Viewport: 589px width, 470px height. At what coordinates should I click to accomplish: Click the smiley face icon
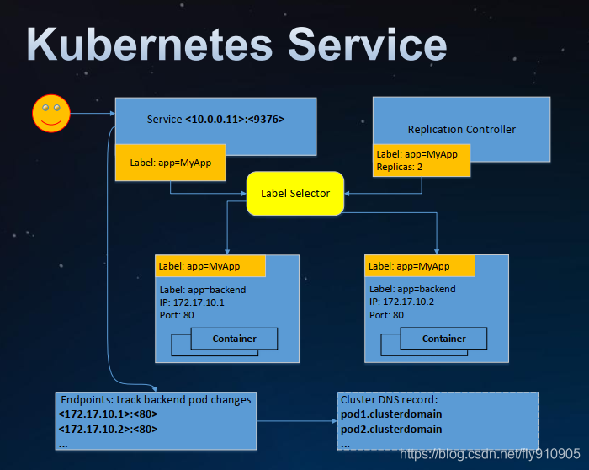click(x=51, y=113)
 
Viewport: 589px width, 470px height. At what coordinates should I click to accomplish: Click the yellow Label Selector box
click(x=295, y=193)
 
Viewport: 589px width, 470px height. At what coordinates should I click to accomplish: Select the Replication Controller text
click(x=462, y=130)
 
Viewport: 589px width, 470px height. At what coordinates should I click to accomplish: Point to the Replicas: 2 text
click(x=400, y=167)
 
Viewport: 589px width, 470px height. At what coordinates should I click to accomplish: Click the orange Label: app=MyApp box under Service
click(x=171, y=163)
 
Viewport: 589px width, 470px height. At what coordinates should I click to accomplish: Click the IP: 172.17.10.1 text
click(x=192, y=302)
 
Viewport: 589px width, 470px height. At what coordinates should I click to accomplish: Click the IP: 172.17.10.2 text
click(x=401, y=302)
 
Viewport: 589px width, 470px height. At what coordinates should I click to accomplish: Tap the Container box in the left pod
click(x=234, y=339)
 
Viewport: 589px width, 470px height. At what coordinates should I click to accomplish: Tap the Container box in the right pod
click(x=443, y=339)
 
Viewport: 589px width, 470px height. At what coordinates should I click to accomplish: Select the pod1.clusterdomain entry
click(x=391, y=414)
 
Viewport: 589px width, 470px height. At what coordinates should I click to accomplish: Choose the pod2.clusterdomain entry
click(x=391, y=429)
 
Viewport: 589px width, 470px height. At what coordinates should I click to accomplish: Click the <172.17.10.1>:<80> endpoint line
click(x=108, y=414)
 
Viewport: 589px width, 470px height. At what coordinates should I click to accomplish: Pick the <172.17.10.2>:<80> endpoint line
click(x=108, y=429)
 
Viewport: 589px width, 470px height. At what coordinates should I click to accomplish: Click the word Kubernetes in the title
click(x=149, y=45)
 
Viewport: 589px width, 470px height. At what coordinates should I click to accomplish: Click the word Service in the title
click(x=368, y=45)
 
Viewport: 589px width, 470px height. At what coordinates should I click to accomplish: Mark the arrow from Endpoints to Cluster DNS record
click(x=297, y=421)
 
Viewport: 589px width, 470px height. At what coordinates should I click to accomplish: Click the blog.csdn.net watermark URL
click(x=490, y=454)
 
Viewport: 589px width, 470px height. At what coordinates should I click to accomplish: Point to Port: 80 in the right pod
click(x=386, y=315)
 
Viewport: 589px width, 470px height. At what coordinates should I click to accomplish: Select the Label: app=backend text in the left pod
click(x=203, y=290)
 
